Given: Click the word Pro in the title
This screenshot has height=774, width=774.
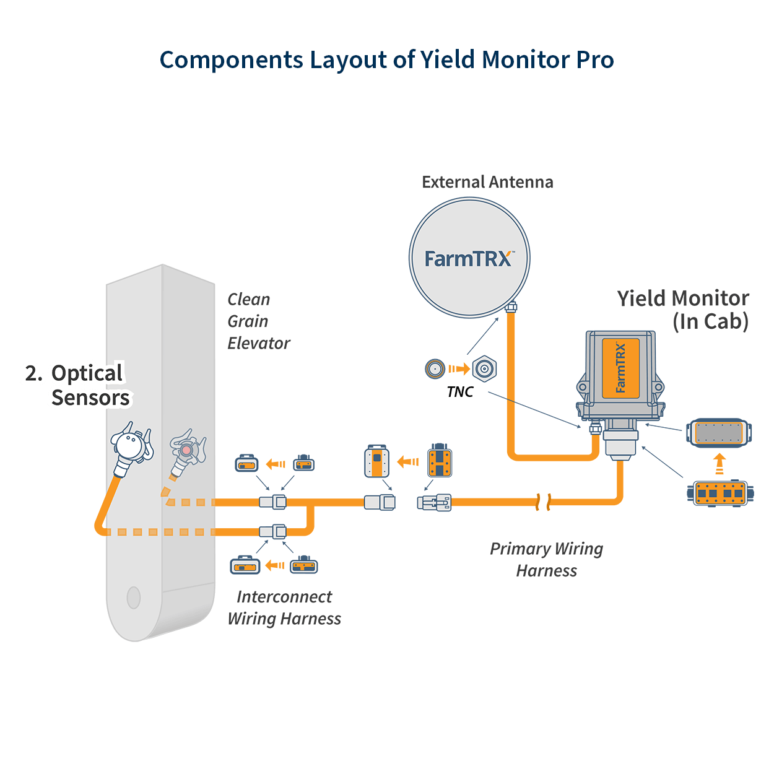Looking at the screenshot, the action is [x=595, y=59].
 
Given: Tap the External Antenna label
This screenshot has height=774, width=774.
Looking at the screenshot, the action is [x=487, y=182].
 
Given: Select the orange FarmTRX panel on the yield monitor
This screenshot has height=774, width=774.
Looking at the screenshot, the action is [x=620, y=368].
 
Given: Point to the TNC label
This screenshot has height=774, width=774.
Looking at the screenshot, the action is [x=460, y=391].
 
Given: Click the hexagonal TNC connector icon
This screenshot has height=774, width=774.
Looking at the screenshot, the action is [x=484, y=368].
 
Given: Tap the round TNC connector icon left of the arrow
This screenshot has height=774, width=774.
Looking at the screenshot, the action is [x=435, y=368].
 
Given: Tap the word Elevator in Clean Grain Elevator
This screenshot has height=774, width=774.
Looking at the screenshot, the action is [x=258, y=344].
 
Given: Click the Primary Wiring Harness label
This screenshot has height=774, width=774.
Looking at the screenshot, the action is [x=546, y=560].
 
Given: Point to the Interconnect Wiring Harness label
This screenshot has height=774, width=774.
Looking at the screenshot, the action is [x=284, y=607].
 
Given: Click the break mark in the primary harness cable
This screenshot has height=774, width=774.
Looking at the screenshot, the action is [x=544, y=502].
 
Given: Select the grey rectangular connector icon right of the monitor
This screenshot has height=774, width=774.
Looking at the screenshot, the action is [x=718, y=433].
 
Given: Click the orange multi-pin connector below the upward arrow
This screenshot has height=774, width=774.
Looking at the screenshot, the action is [x=720, y=493].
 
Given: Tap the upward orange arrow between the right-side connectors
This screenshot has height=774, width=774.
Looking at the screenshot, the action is [x=720, y=464].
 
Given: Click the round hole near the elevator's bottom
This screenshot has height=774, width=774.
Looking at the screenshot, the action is [x=133, y=598].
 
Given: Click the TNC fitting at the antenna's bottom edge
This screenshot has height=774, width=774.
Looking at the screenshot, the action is [x=511, y=308].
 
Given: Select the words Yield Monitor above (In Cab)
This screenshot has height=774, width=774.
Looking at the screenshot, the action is [x=683, y=298].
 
